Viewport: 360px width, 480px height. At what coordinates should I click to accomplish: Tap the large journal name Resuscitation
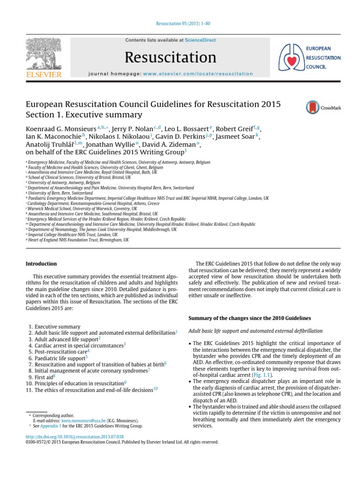tap(171, 57)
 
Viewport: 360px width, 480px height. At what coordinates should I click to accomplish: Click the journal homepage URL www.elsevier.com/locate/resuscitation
tap(198, 74)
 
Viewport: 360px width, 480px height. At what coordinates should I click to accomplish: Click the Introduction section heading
tap(41, 264)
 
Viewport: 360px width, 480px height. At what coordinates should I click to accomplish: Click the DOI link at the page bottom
tap(75, 436)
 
